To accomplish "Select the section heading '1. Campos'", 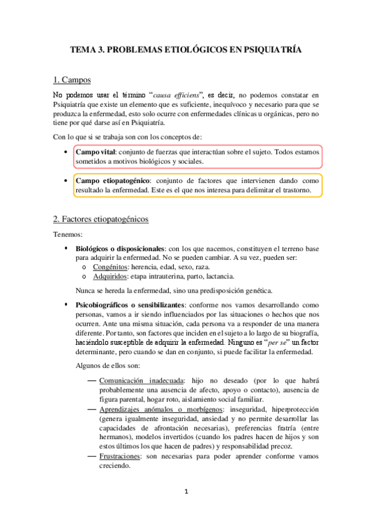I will tap(72, 80).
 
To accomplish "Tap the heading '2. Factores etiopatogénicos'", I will tap(100, 219).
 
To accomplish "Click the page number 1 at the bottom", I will tap(186, 492).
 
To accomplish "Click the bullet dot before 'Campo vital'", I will tap(66, 152).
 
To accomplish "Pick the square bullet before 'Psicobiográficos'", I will tap(66, 306).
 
